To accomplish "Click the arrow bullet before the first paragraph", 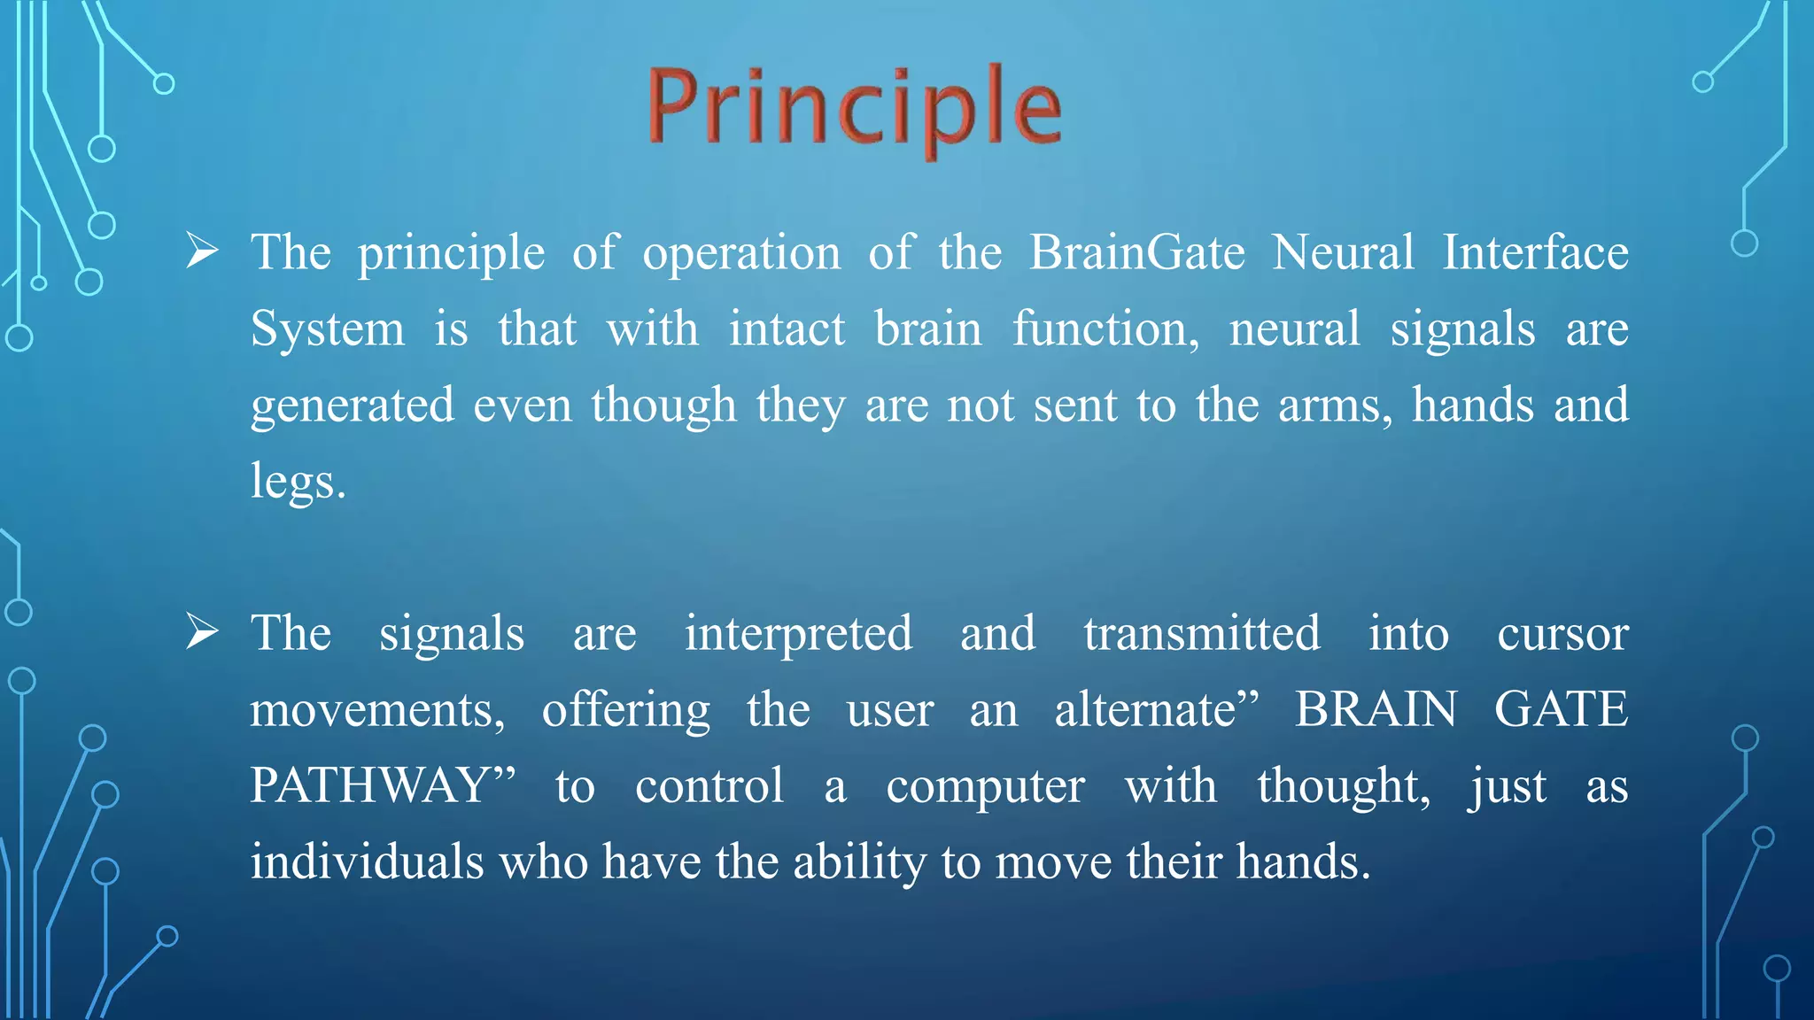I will (x=203, y=252).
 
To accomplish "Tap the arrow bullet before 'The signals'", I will (x=203, y=633).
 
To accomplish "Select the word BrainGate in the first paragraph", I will (x=1137, y=253).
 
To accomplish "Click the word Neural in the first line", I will (x=1343, y=253).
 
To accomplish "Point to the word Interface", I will (x=1535, y=253).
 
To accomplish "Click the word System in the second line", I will (x=327, y=329).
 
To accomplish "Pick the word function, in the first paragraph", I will (x=1106, y=329).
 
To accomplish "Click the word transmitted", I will (x=1202, y=634).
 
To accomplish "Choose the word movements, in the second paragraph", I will (x=377, y=710).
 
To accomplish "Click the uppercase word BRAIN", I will (x=1376, y=710).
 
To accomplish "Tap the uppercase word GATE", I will (x=1561, y=710).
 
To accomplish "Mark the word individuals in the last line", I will (x=367, y=862).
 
